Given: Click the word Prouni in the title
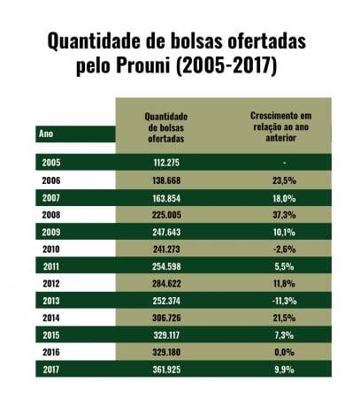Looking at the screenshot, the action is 143,65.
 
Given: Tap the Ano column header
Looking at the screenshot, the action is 46,134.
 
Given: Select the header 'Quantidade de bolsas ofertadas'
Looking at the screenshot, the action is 166,127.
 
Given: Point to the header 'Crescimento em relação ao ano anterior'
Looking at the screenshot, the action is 281,126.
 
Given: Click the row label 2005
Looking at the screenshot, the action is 51,163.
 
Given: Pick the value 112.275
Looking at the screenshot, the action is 166,163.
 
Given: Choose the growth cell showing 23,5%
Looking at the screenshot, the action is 284,180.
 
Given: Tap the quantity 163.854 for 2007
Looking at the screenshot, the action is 166,198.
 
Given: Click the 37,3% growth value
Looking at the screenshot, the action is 284,215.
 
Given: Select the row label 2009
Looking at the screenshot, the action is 51,232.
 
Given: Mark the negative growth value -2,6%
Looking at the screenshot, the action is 284,249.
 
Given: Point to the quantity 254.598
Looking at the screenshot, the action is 166,266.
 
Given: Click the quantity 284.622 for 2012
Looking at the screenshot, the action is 166,284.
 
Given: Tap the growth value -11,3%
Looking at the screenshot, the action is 284,301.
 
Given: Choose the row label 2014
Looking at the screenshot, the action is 51,318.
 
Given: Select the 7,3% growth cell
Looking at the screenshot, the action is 284,335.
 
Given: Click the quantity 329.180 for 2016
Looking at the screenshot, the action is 166,352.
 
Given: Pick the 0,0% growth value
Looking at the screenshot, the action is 284,352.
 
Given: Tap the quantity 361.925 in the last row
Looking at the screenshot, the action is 166,370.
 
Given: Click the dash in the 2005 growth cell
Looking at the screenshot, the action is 284,163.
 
